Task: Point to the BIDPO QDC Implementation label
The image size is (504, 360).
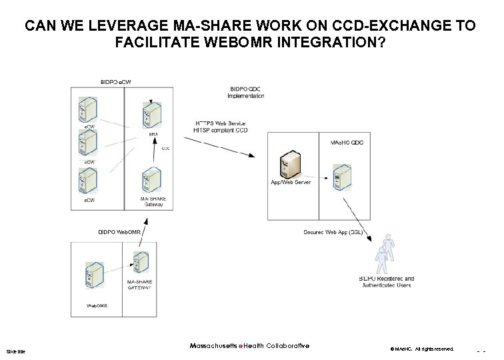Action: point(246,92)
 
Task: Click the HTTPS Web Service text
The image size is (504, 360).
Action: point(220,124)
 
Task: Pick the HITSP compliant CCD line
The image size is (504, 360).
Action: point(221,131)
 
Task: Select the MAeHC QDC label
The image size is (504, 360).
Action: point(347,143)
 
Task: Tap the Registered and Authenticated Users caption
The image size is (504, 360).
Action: point(386,282)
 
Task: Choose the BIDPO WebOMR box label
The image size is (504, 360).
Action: point(120,232)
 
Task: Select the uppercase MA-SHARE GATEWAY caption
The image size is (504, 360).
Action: point(139,285)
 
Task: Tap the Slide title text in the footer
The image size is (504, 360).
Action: point(15,351)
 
